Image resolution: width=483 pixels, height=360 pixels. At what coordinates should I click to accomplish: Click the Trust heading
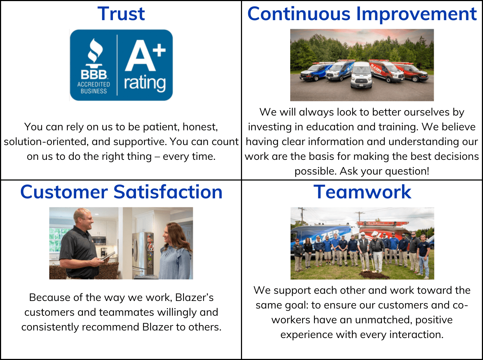tap(121, 14)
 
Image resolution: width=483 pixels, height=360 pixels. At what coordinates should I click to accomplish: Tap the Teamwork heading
tap(362, 192)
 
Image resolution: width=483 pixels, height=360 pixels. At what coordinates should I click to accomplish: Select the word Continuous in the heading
tap(299, 14)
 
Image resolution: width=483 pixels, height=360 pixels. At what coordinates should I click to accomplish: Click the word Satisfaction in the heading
tap(168, 192)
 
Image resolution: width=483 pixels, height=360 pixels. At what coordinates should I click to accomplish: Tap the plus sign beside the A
tap(159, 50)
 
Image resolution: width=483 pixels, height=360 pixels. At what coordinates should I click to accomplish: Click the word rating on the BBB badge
tap(145, 83)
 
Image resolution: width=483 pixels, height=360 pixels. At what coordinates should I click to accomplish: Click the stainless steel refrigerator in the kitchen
tap(143, 255)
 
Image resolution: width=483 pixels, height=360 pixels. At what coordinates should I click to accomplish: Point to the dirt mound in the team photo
tap(374, 275)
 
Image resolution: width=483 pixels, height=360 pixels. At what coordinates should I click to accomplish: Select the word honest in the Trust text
tap(200, 127)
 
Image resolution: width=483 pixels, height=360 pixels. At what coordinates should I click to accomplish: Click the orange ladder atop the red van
tap(382, 223)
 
